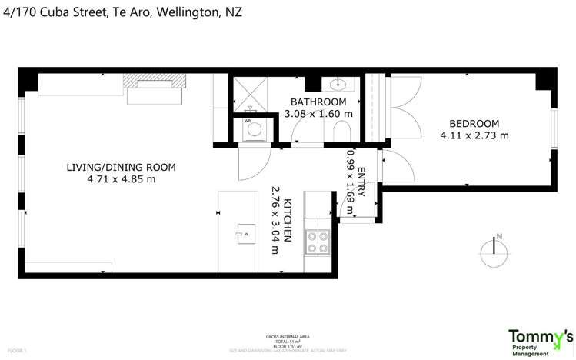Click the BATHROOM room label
[318, 102]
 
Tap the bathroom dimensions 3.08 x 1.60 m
[318, 114]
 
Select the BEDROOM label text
[474, 123]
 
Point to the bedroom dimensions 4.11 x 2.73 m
[474, 135]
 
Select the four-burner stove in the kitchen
[317, 242]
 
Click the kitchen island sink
[245, 232]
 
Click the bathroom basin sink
[338, 84]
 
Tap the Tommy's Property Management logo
[541, 342]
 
